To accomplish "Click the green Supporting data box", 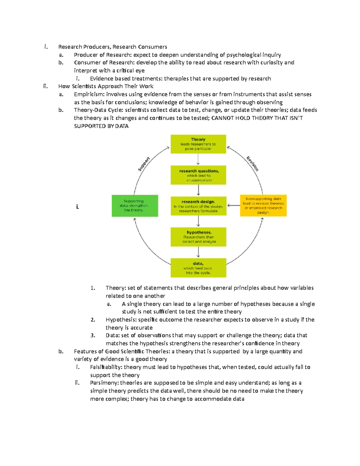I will [x=135, y=206].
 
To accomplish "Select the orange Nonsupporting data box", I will [x=263, y=206].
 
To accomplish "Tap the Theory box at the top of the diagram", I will [x=198, y=144].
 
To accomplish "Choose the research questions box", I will [x=198, y=175].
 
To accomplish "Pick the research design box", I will [x=198, y=206].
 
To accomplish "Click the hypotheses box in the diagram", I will [x=198, y=237].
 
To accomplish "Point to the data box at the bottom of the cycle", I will [x=198, y=268].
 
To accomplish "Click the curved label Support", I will [x=144, y=164].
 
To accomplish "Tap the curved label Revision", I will [x=252, y=164].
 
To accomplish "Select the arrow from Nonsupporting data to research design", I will [x=233, y=206].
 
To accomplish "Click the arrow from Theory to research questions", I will [x=198, y=159].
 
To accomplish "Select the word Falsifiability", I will [x=106, y=367].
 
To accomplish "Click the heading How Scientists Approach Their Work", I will [x=106, y=86].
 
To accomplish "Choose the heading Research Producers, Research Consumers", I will [x=112, y=47].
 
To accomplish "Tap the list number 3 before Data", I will [x=93, y=335].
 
